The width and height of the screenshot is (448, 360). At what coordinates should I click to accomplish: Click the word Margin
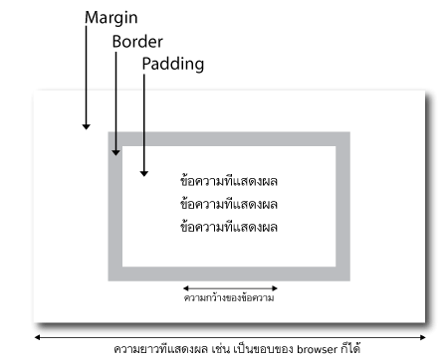(x=112, y=19)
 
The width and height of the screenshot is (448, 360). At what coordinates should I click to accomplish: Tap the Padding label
(x=172, y=64)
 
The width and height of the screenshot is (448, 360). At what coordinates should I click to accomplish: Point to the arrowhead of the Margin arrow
(x=87, y=126)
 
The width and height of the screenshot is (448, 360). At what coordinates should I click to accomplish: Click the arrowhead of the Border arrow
(x=115, y=152)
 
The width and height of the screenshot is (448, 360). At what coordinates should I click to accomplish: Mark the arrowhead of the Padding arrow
(x=143, y=173)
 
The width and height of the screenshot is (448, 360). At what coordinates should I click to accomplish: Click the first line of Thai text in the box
(x=229, y=181)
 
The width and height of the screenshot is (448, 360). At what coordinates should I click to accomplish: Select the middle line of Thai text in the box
(x=229, y=203)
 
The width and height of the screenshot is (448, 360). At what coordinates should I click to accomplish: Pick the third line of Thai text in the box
(x=229, y=226)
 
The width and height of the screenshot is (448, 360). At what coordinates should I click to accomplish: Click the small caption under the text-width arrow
(x=229, y=297)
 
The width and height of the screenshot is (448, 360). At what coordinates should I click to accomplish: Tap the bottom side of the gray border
(x=229, y=273)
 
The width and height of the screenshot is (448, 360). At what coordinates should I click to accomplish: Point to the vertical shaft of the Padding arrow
(x=143, y=119)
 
